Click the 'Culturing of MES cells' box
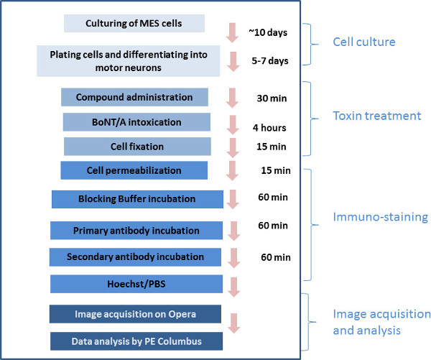point(134,22)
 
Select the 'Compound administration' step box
point(134,97)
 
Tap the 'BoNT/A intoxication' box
point(136,122)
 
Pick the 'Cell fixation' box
point(136,147)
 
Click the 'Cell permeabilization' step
point(134,170)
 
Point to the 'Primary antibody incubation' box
point(136,231)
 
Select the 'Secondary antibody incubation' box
point(135,257)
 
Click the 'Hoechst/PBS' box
point(136,284)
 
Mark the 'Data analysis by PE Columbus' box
point(135,341)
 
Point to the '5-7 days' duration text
point(269,60)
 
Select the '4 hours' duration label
point(269,128)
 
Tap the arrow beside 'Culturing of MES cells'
point(231,32)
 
